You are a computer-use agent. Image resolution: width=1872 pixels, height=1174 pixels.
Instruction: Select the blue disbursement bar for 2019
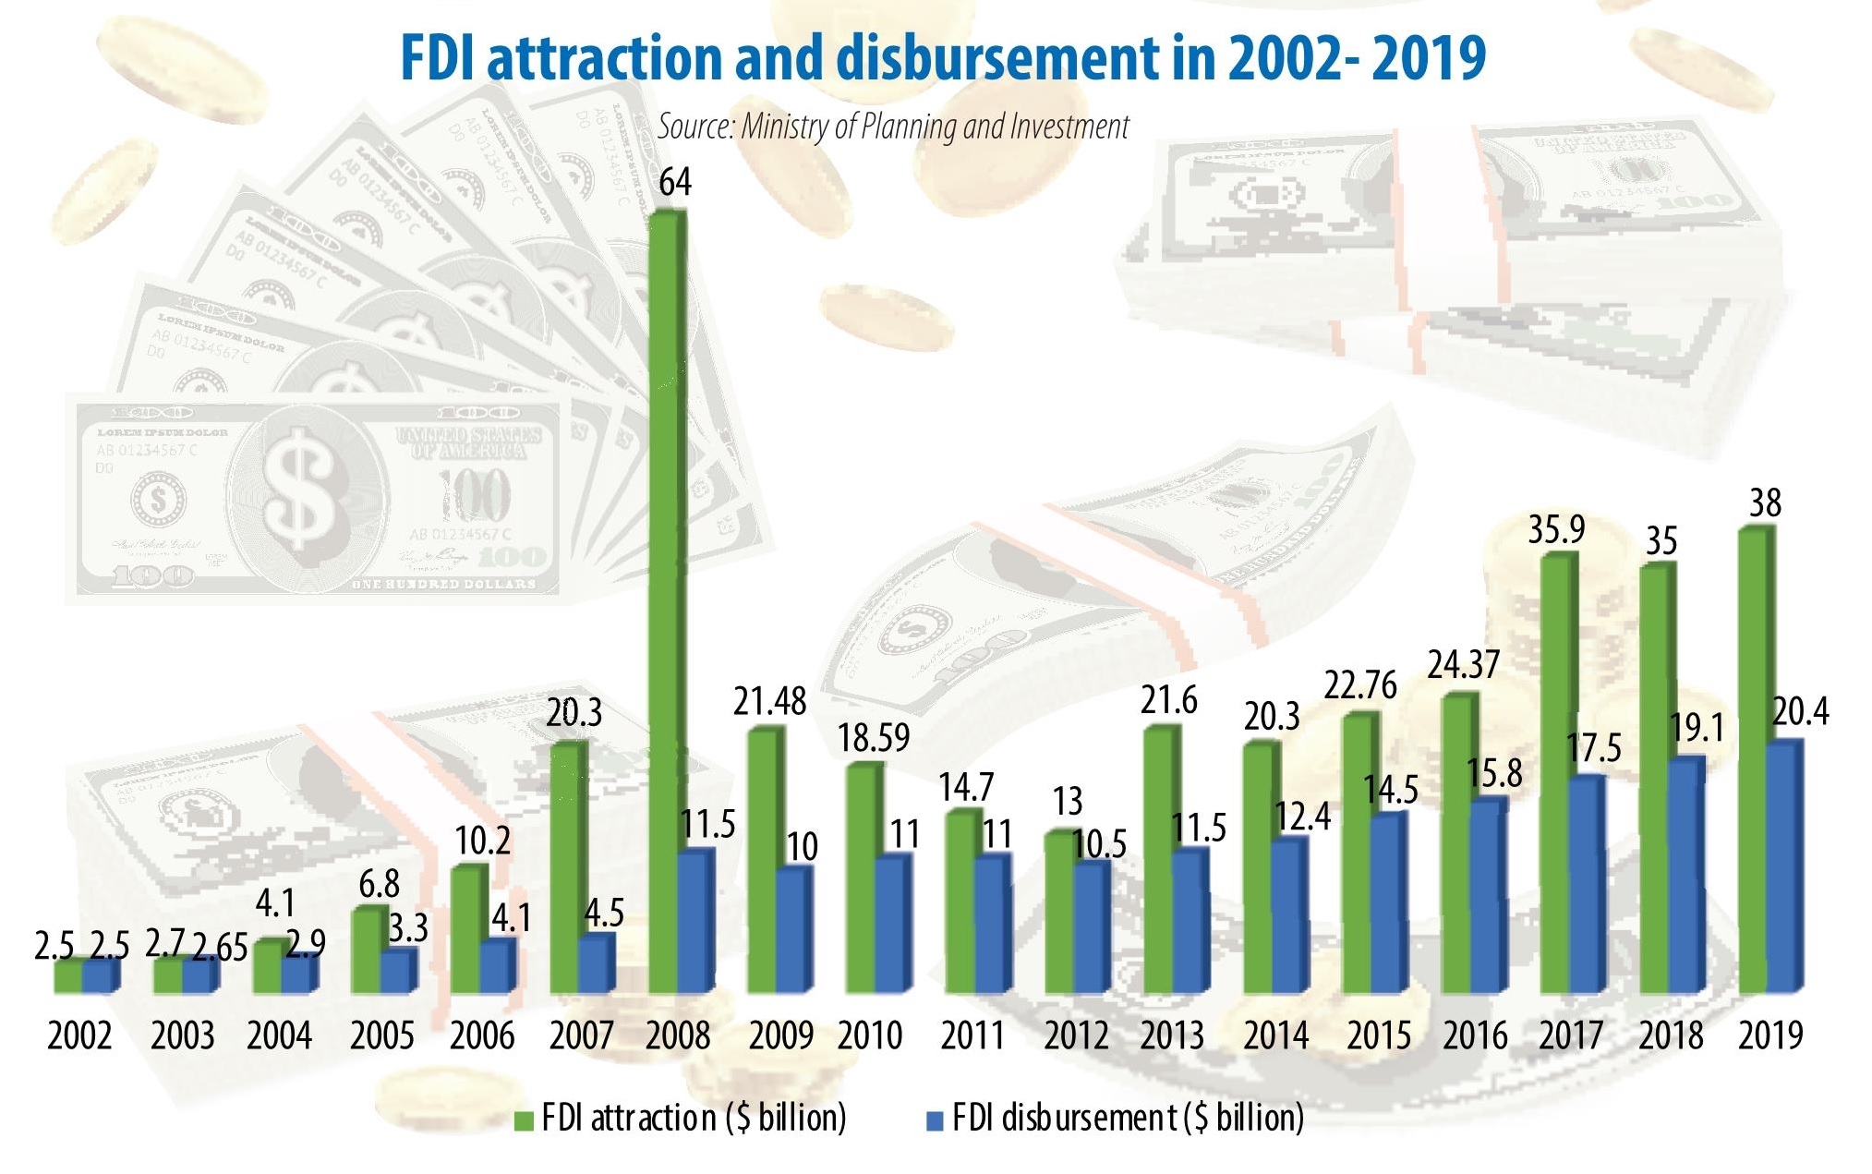[x=1782, y=868]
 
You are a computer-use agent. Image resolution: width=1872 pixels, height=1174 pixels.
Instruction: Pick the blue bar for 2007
[x=596, y=965]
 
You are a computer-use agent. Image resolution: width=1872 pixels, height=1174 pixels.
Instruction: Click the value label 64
[x=675, y=182]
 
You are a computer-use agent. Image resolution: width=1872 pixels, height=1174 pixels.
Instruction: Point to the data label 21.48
[x=769, y=702]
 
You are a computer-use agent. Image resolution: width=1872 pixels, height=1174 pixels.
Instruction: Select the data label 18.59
[x=873, y=737]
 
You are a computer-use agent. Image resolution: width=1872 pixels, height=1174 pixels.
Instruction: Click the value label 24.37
[x=1464, y=665]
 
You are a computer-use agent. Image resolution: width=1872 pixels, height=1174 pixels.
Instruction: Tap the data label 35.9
[x=1556, y=529]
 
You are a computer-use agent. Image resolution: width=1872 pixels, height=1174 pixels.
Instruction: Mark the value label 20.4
[x=1800, y=712]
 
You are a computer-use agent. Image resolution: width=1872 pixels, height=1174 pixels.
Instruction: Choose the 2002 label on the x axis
[x=79, y=1035]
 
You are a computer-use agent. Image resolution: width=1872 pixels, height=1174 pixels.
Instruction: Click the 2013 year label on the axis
[x=1172, y=1035]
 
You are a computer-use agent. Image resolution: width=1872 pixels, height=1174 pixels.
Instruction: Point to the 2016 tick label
[x=1475, y=1035]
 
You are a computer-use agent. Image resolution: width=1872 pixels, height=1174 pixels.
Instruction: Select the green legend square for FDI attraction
[x=524, y=1120]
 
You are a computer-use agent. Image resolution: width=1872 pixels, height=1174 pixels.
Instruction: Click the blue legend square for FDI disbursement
[x=935, y=1120]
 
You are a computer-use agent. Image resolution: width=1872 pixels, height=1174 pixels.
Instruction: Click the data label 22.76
[x=1360, y=685]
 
